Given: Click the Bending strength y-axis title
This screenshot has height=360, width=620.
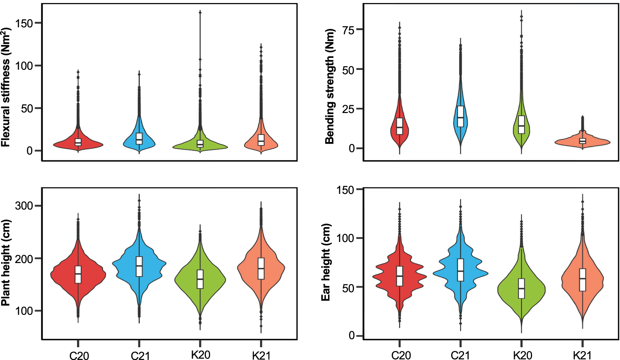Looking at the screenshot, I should pos(330,86).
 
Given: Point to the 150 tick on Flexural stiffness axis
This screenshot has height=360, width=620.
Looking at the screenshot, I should pos(24,23).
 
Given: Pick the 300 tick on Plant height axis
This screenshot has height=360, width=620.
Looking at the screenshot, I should pos(24,206).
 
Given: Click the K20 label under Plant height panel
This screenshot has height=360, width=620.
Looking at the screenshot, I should pos(201,355).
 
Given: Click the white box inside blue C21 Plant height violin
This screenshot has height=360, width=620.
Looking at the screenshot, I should pos(139,266).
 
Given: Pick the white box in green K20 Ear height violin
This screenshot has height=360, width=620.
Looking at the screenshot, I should pos(521,288).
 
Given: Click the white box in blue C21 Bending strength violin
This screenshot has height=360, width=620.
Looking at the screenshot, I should pos(460,116).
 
